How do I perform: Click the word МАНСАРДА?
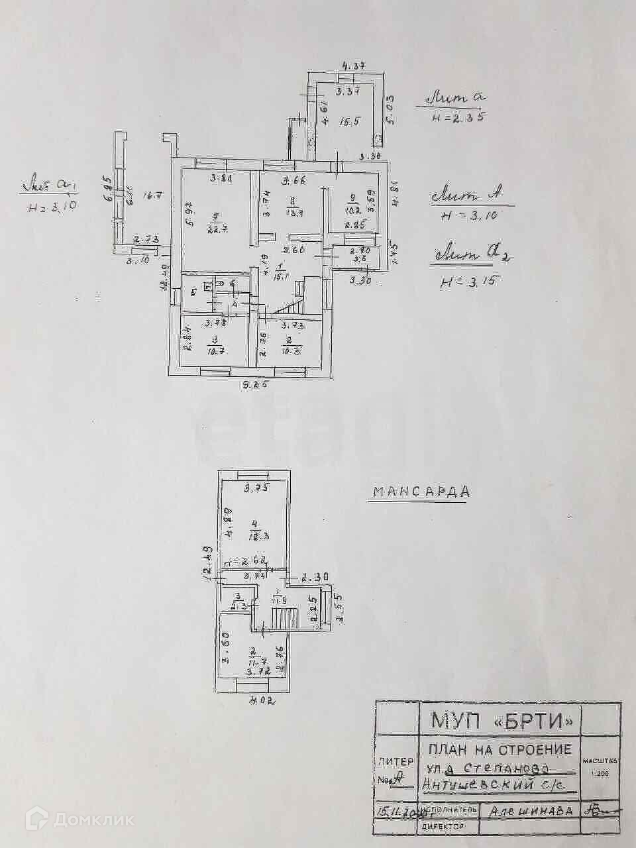click(x=421, y=492)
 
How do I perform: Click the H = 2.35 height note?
click(x=458, y=118)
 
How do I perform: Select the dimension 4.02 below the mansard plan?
click(x=262, y=700)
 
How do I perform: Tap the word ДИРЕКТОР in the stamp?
click(x=443, y=827)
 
